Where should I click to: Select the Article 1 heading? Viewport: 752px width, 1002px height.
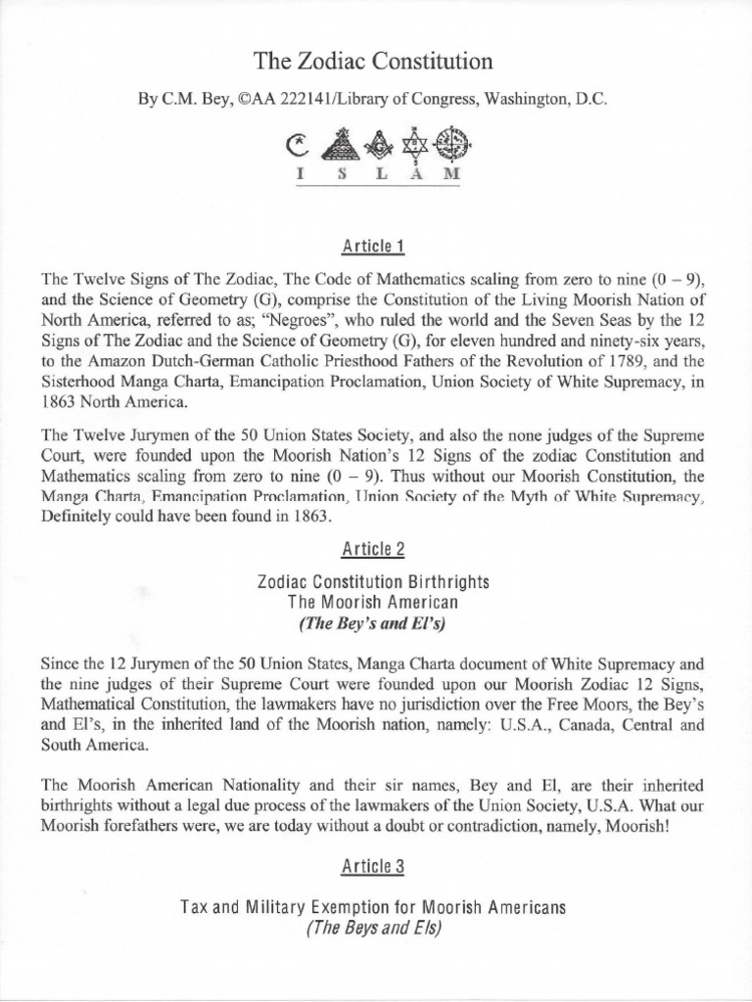(375, 243)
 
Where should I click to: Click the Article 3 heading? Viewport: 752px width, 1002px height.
(375, 867)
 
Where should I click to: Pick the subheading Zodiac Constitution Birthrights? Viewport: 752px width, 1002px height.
(375, 581)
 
